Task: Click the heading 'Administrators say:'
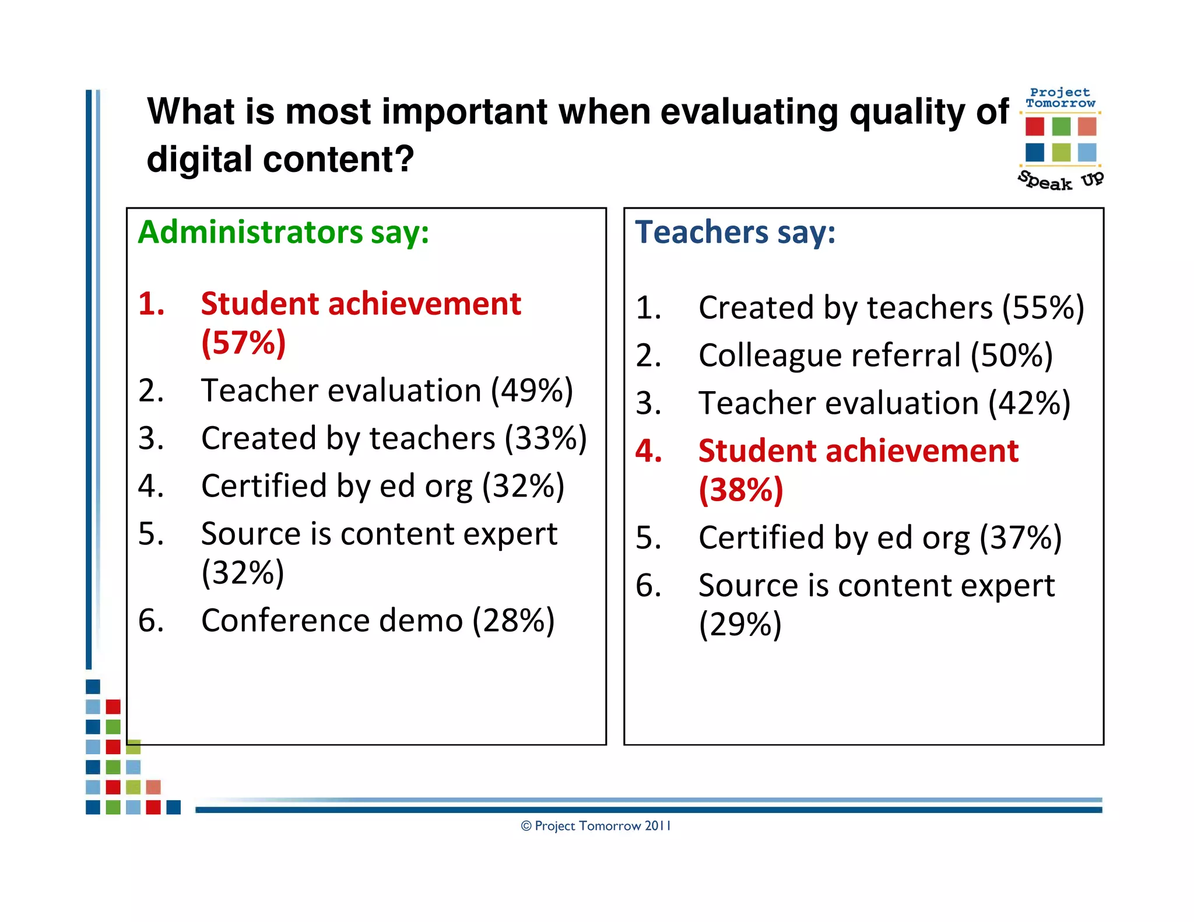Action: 283,232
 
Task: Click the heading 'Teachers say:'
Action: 735,232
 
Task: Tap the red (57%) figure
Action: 243,342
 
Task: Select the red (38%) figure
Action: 740,490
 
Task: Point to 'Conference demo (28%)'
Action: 377,620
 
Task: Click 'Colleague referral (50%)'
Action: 875,355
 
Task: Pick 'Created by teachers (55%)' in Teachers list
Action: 891,307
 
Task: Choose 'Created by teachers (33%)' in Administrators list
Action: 394,438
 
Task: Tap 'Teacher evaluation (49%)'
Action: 387,390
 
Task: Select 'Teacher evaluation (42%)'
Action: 884,403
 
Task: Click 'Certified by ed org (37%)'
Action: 880,537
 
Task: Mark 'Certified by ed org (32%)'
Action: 382,485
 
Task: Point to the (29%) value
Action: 740,624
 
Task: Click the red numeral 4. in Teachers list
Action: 648,451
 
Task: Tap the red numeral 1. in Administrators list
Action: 151,304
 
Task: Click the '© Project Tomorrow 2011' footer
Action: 595,826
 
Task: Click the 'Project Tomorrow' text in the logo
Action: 1060,98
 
